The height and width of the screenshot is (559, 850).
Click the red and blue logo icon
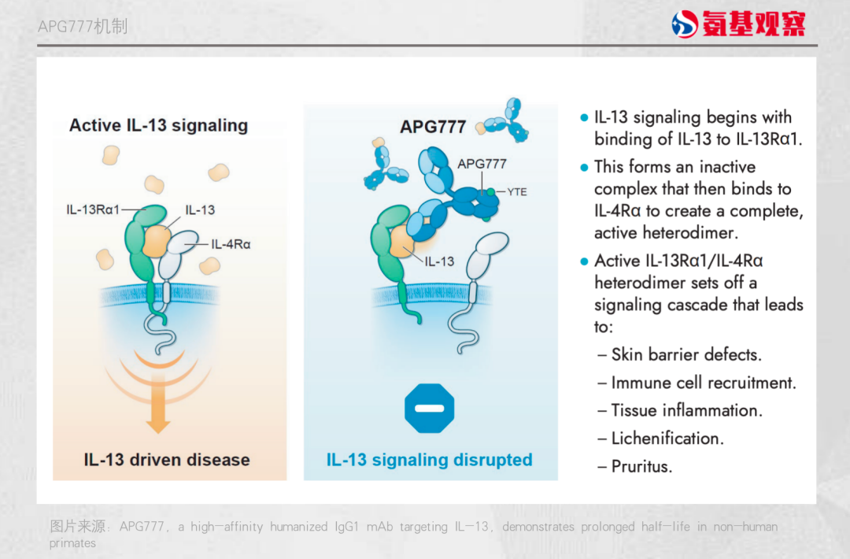point(685,24)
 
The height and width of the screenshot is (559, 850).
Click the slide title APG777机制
point(83,26)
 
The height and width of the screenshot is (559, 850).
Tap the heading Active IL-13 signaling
point(158,125)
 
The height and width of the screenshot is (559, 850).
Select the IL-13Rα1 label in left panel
point(93,209)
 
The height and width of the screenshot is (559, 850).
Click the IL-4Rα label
point(231,245)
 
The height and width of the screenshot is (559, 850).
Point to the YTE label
point(517,192)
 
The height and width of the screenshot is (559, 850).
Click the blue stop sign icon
point(430,409)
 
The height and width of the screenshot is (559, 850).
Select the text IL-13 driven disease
point(166,460)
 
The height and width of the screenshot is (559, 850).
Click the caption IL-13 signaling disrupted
point(430,460)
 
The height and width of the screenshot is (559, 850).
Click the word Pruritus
point(642,466)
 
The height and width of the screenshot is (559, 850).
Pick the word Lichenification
point(667,438)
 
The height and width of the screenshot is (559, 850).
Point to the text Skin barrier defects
point(686,354)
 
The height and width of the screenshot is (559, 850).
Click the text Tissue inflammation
point(687,410)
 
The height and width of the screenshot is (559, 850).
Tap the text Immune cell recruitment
point(704,383)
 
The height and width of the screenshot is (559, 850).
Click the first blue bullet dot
point(584,117)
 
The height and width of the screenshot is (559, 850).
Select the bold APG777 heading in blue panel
point(433,127)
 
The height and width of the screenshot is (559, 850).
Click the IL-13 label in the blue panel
point(439,261)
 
